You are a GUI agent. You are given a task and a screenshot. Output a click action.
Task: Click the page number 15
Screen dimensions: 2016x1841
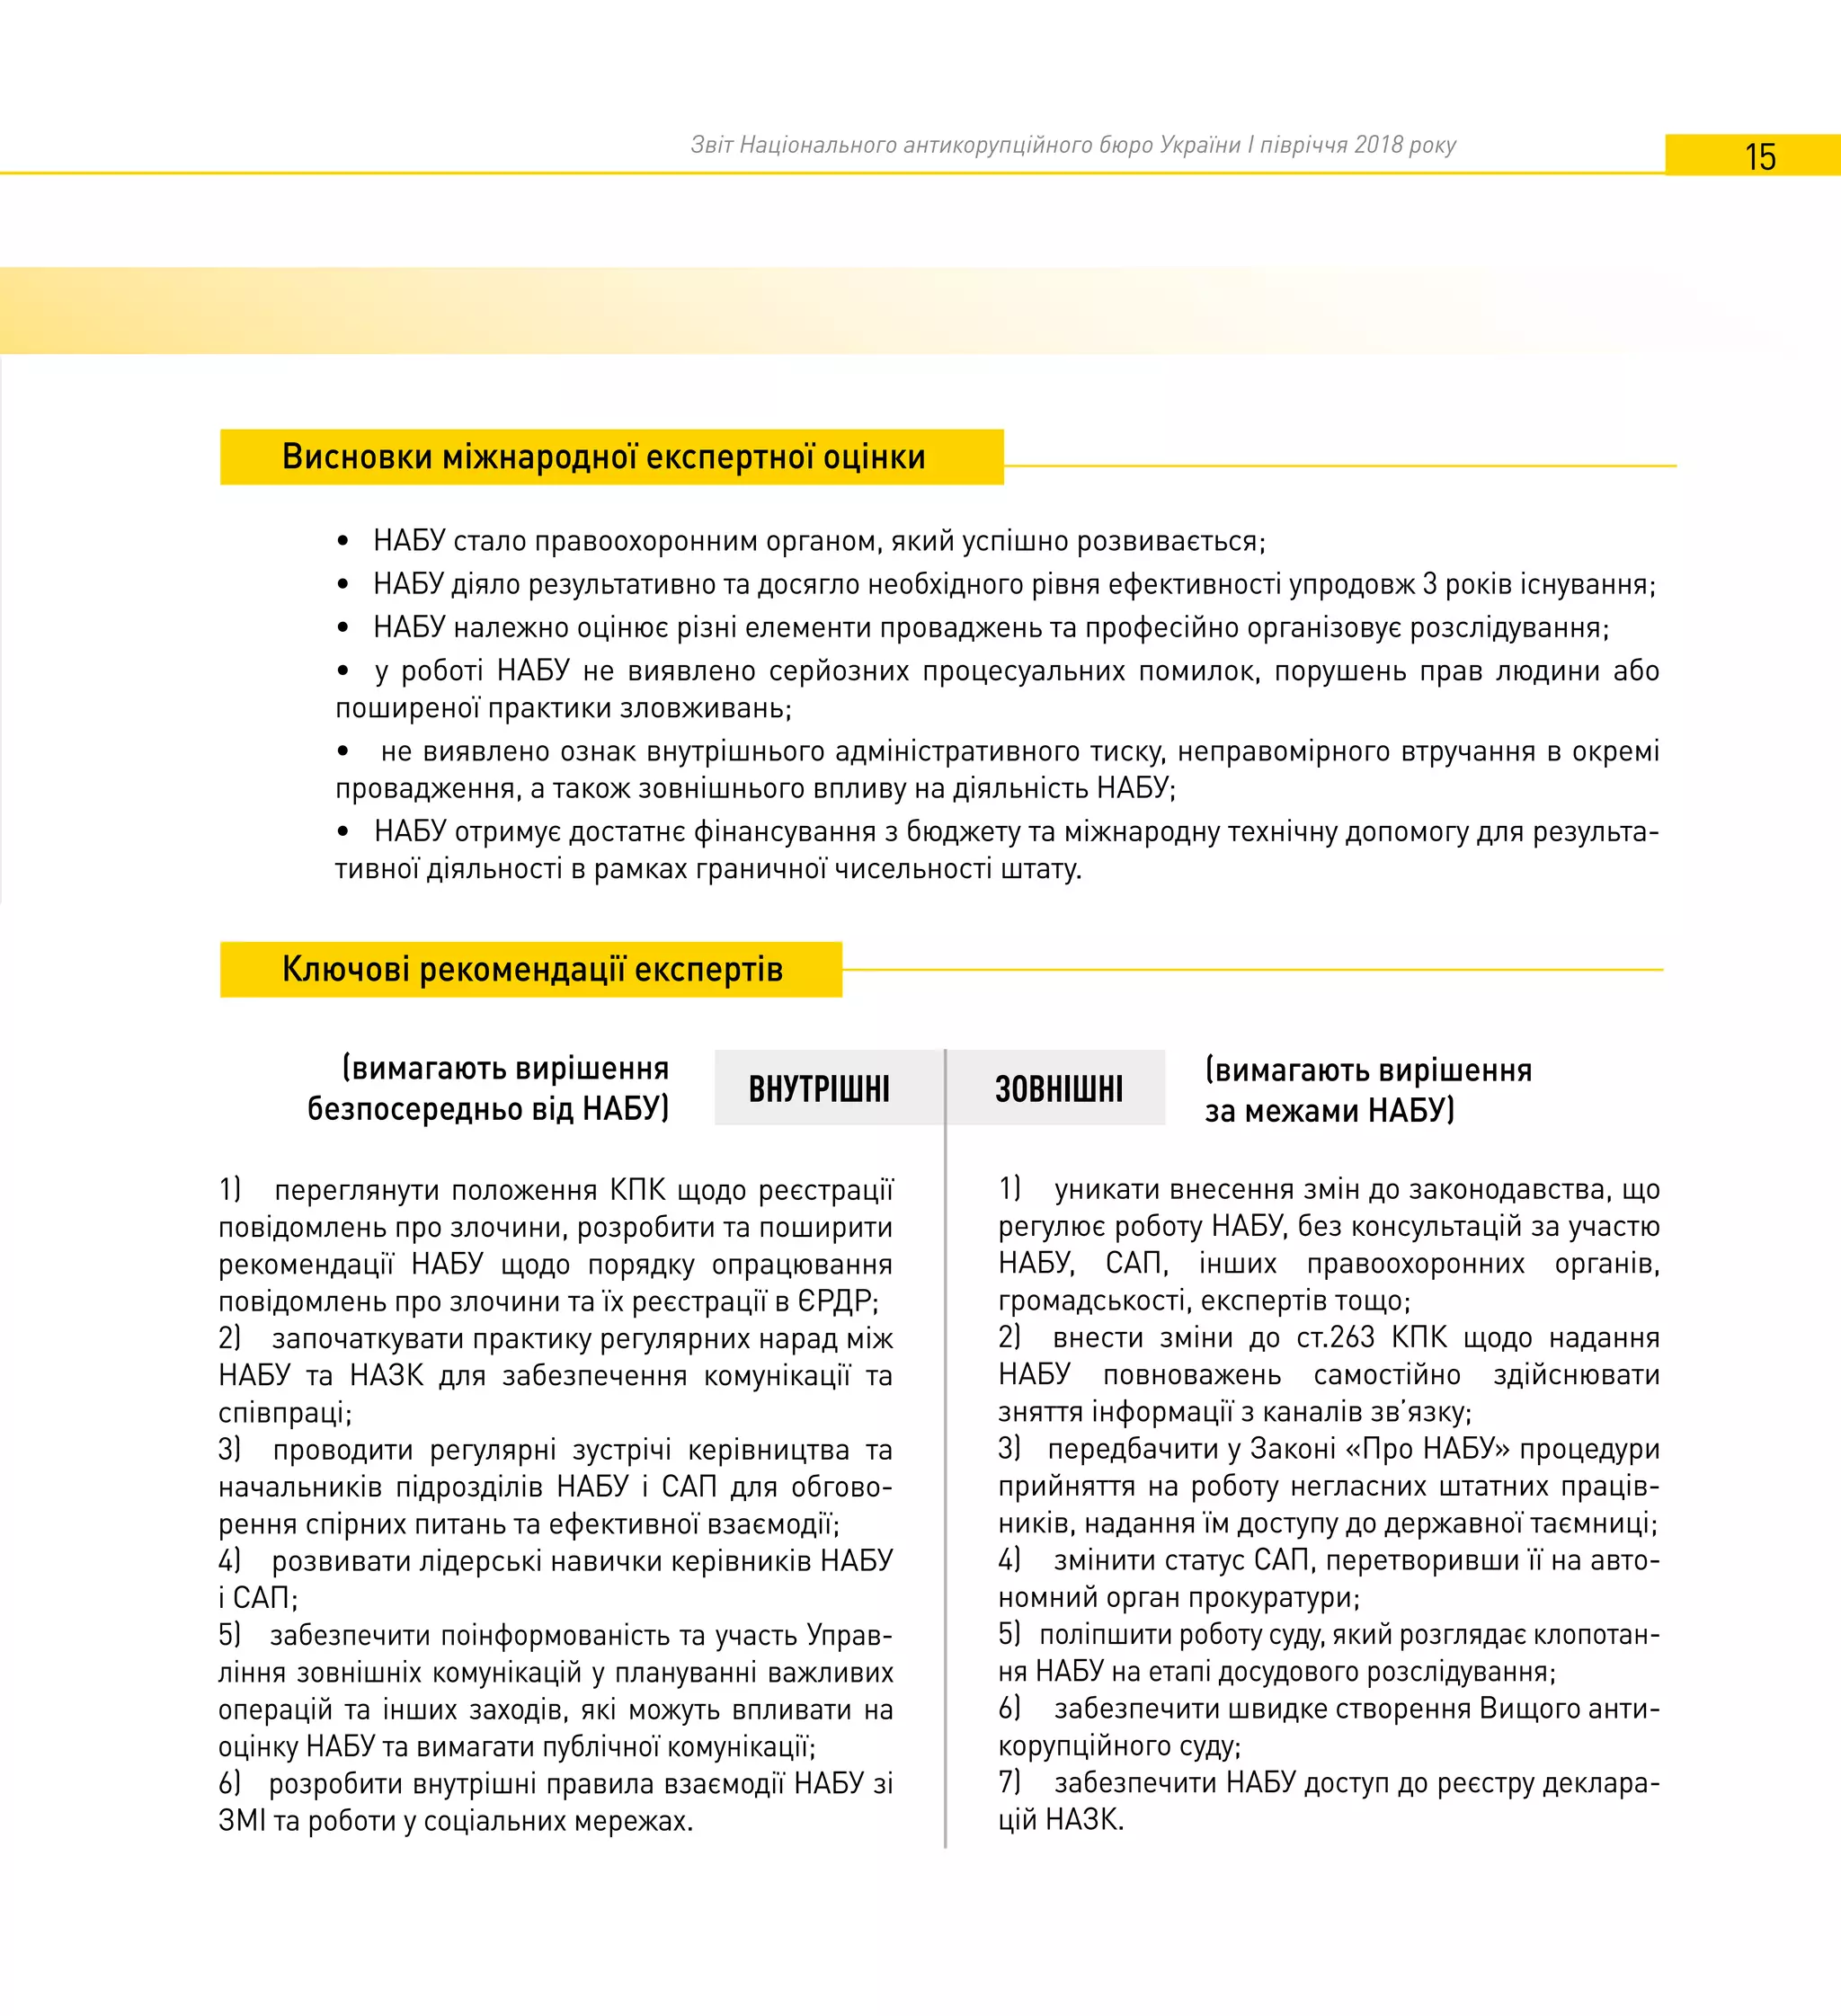tap(1760, 157)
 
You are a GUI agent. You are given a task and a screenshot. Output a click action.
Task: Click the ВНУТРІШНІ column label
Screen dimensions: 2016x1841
tap(819, 1089)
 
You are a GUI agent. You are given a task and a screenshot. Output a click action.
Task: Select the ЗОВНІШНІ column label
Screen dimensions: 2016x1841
tap(1058, 1089)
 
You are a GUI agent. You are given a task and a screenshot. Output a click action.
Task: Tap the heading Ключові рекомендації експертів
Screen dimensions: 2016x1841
tap(532, 969)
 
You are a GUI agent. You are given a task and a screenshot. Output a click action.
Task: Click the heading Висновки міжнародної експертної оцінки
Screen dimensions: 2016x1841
tap(603, 457)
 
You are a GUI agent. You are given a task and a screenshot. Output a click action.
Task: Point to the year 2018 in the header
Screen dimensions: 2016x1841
tap(1378, 145)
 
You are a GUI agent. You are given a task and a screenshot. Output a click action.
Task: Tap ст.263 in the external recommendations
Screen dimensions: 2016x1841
tap(1335, 1337)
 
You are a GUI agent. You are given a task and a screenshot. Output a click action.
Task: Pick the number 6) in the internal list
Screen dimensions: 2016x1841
tap(229, 1782)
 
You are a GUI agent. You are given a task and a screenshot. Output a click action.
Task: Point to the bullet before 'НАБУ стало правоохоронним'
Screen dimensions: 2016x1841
tap(343, 542)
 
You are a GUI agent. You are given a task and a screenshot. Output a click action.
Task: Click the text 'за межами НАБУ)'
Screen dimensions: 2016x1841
tap(1329, 1111)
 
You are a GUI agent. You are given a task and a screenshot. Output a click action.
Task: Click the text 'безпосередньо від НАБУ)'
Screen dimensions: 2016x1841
tap(487, 1109)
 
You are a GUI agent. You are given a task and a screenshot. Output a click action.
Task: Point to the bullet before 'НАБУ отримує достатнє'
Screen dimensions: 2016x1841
tap(343, 832)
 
